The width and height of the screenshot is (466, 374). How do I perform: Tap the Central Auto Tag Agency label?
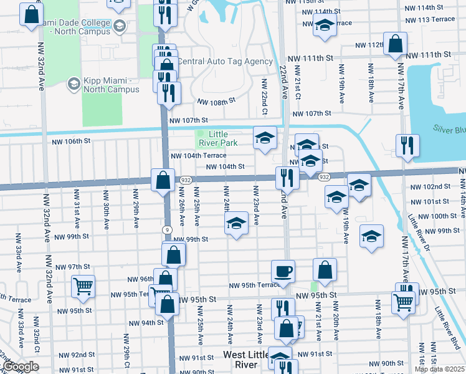[x=225, y=62]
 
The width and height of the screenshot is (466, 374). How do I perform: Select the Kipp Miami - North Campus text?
[x=112, y=85]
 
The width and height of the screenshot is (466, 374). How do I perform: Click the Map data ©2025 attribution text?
[x=440, y=369]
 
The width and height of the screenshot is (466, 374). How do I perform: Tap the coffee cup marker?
[x=283, y=271]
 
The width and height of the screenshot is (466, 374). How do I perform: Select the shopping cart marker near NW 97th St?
[x=83, y=286]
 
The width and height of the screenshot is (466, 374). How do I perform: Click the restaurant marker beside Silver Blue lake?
[x=407, y=145]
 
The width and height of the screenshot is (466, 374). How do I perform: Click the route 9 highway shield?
[x=168, y=230]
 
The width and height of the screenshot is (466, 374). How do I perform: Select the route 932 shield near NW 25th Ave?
[x=186, y=178]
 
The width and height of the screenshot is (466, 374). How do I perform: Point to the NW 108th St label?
[x=216, y=101]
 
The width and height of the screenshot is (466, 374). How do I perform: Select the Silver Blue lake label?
[x=449, y=129]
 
